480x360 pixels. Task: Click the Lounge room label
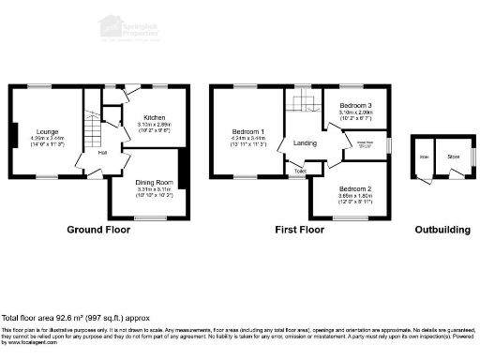tap(47, 131)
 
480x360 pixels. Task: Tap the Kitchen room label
tap(154, 118)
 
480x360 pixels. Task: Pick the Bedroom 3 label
tap(355, 105)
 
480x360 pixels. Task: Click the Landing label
tap(306, 142)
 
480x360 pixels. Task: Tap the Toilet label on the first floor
tap(299, 172)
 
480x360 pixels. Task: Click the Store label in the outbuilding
tap(453, 157)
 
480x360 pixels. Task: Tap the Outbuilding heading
tap(445, 230)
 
